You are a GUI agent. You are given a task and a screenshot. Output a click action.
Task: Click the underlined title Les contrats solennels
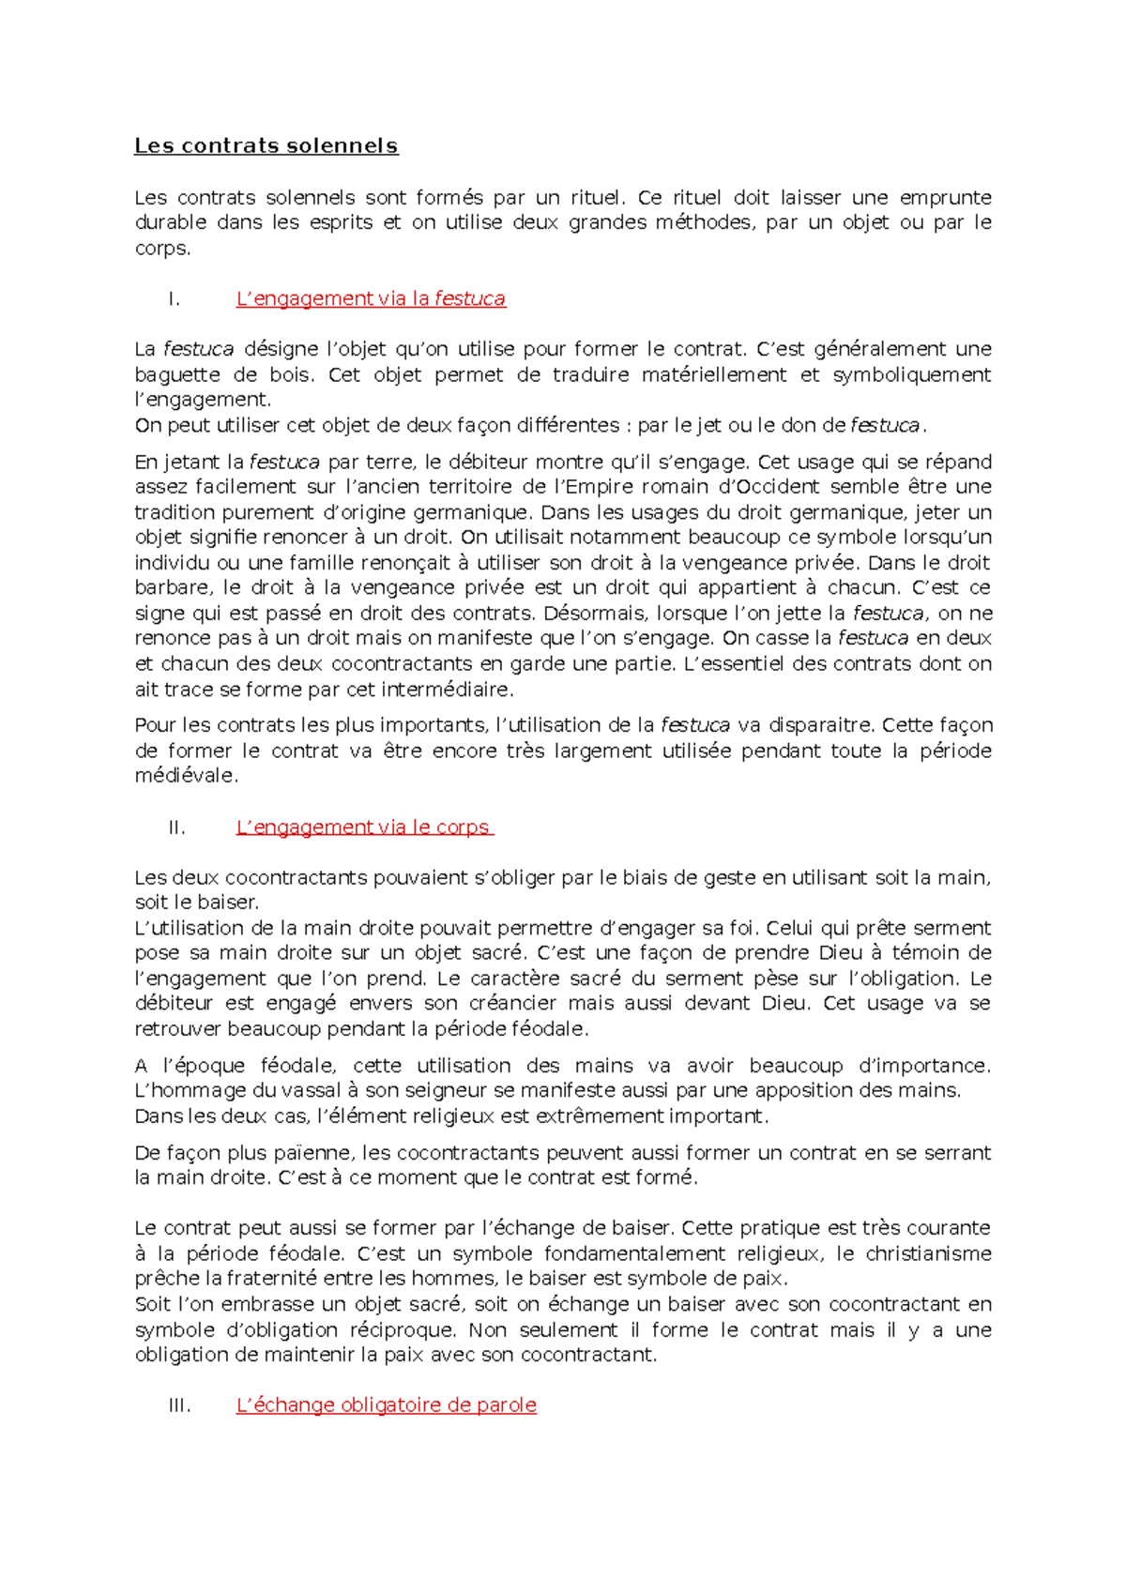[266, 146]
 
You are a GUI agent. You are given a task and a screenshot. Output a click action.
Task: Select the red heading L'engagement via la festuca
[370, 298]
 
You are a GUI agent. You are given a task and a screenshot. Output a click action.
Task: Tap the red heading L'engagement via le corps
[363, 827]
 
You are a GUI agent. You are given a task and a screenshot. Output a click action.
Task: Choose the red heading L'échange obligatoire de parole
[386, 1404]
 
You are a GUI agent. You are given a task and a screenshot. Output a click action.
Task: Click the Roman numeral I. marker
[173, 299]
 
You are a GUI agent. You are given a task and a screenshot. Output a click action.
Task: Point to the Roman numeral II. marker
[176, 827]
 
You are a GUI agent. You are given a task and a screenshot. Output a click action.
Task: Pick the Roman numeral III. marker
[179, 1405]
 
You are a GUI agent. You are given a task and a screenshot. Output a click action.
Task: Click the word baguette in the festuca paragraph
[176, 374]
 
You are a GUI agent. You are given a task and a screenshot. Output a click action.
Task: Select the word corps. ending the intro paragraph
[162, 249]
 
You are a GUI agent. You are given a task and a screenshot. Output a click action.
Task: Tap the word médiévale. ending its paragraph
[186, 776]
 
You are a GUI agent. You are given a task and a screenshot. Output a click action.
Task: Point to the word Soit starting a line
[152, 1304]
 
